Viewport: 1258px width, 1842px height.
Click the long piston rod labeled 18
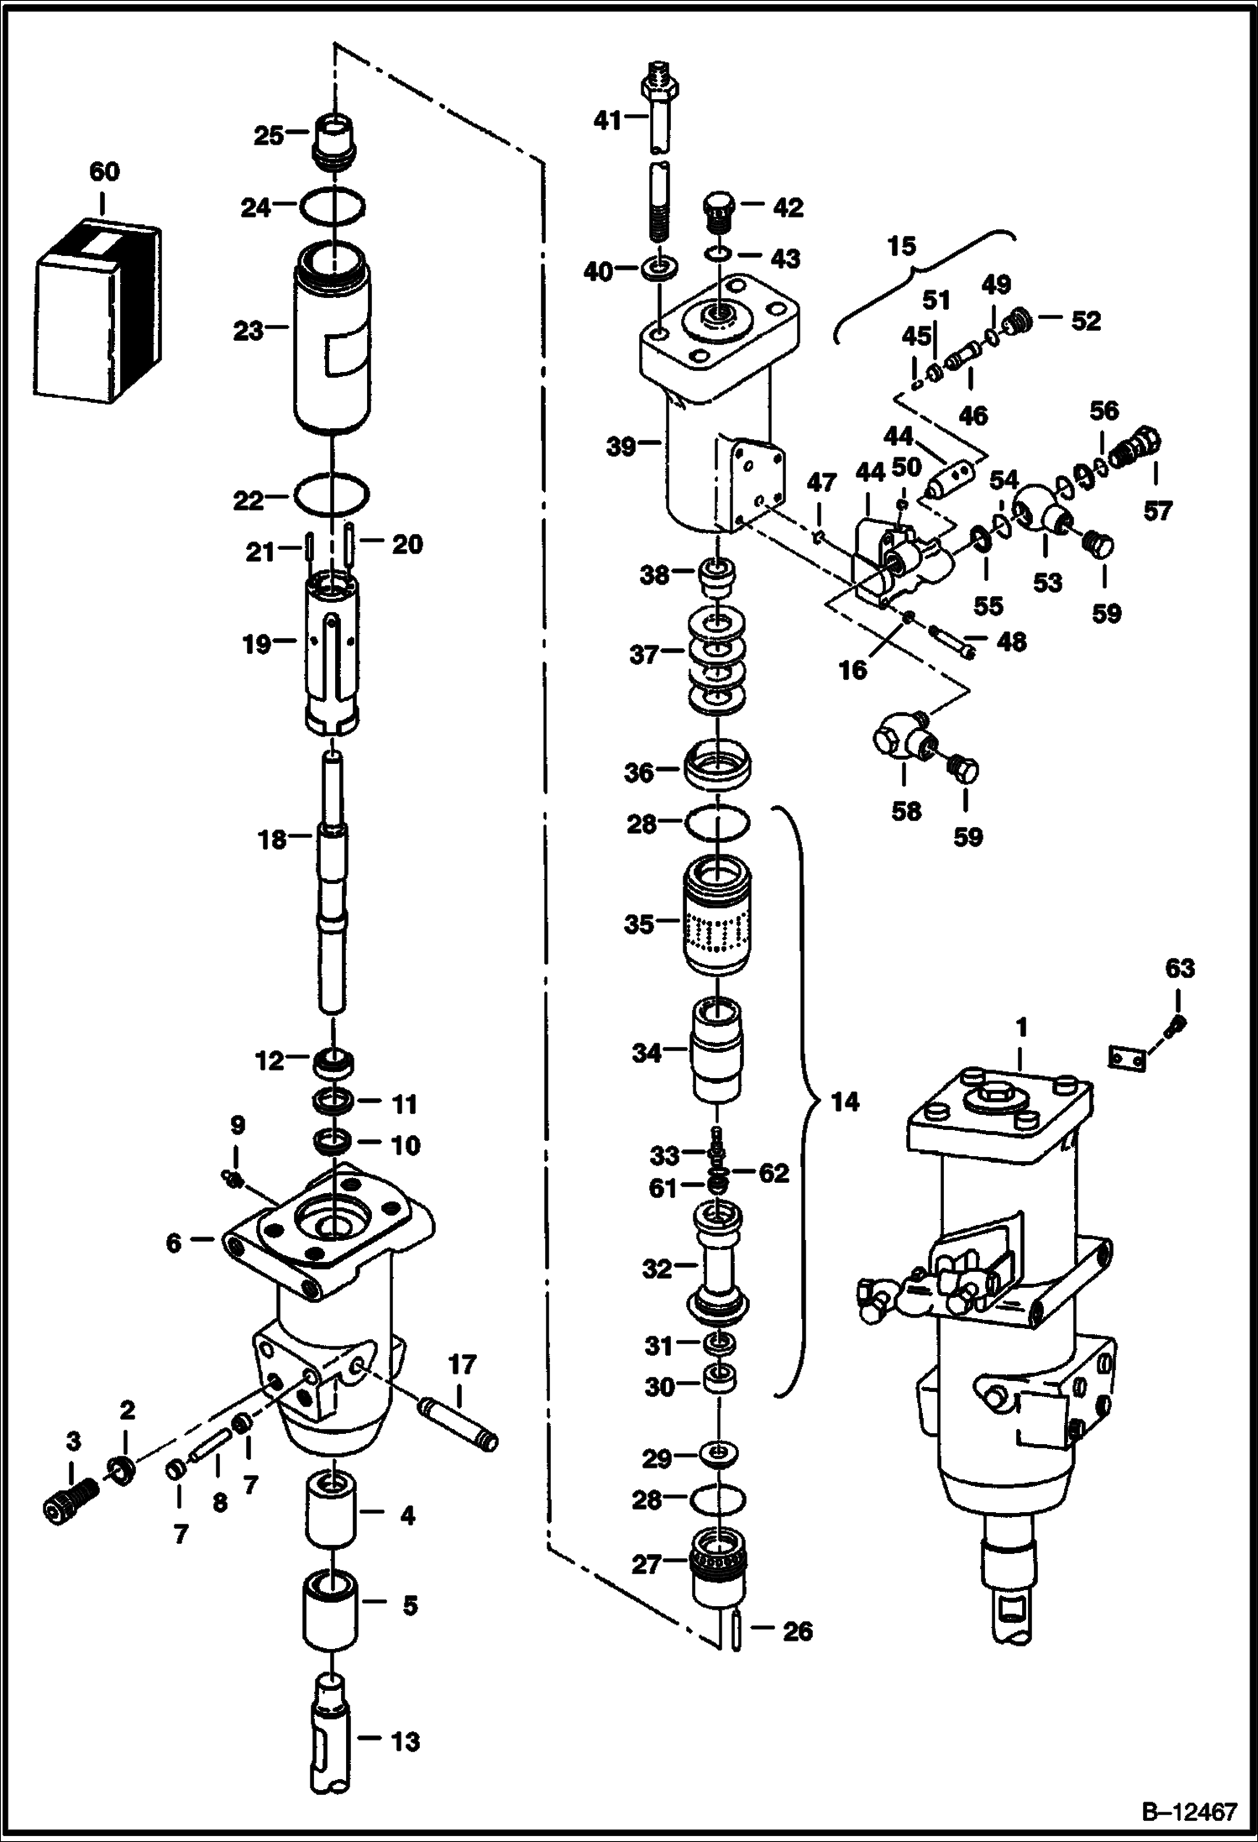pyautogui.click(x=333, y=890)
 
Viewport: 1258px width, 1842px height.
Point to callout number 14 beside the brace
pyautogui.click(x=845, y=1102)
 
